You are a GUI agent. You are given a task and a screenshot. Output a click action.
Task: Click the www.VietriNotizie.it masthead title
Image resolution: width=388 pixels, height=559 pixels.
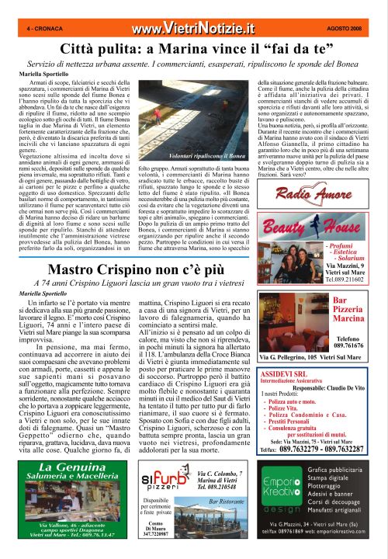(x=192, y=29)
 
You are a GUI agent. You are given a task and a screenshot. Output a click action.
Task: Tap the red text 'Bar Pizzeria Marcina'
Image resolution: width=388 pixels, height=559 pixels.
(x=348, y=310)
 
